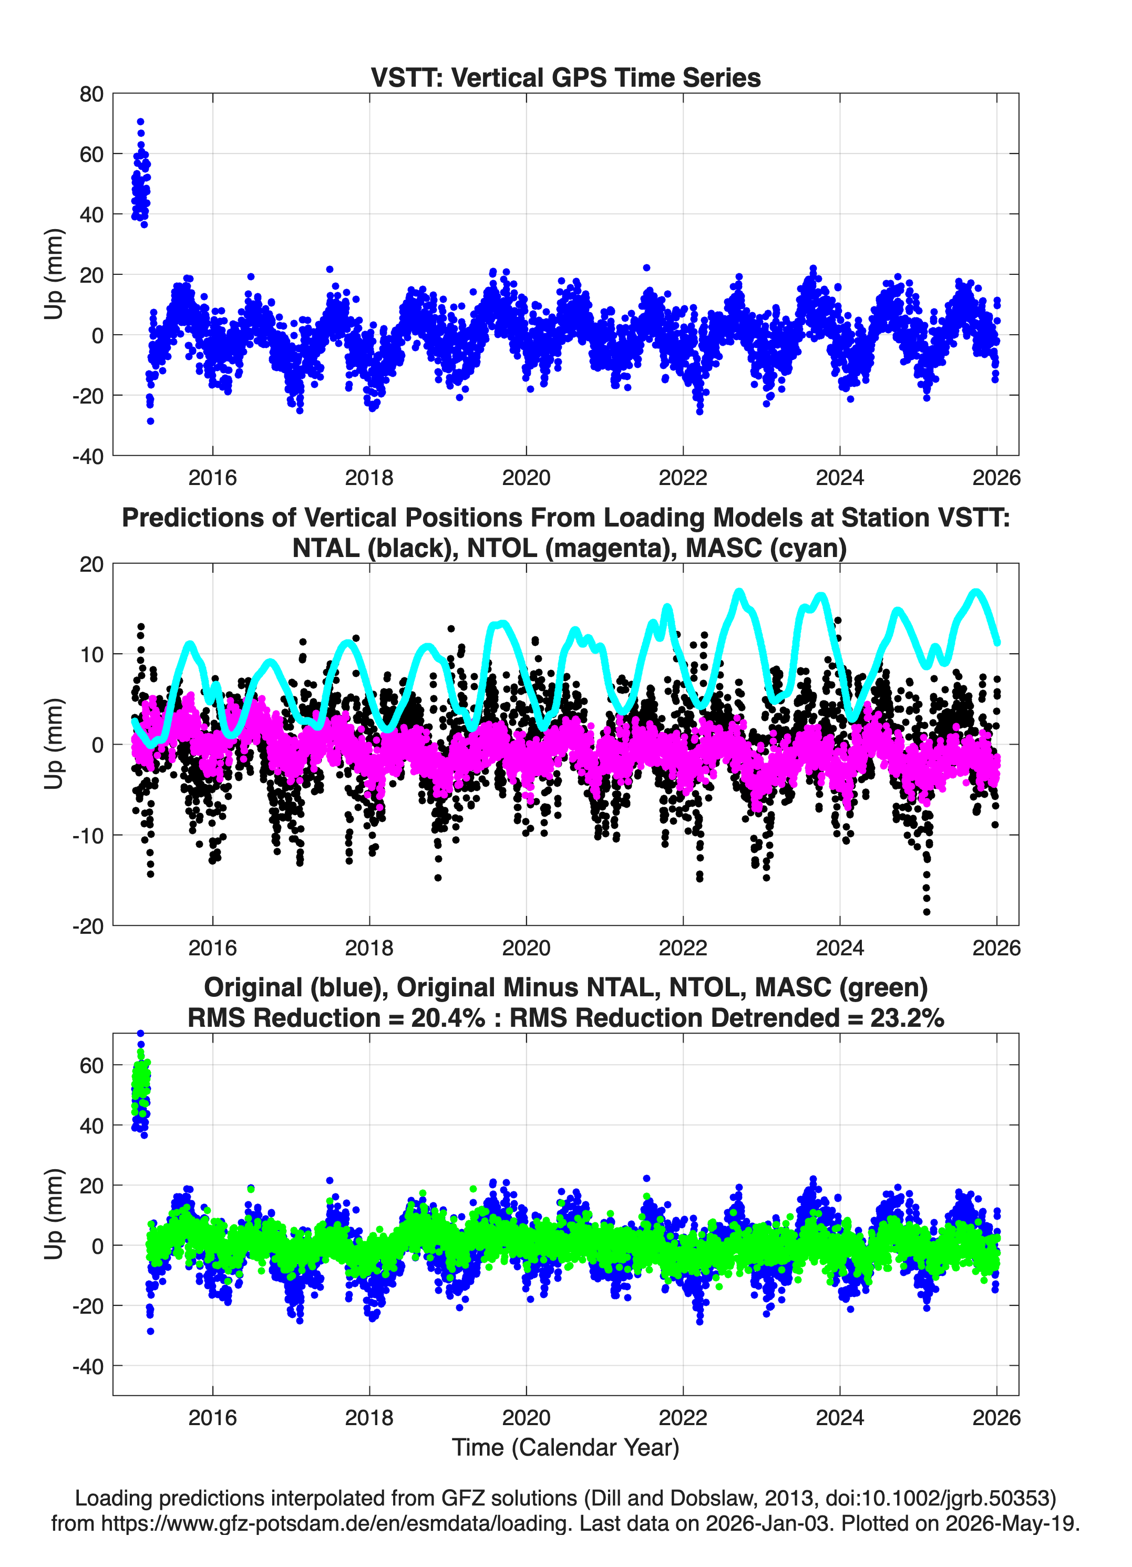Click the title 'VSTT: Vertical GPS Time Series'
[x=565, y=77]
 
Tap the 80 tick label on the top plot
[x=91, y=94]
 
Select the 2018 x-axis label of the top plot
[x=369, y=478]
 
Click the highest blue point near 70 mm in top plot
[x=140, y=121]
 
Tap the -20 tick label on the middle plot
[x=88, y=926]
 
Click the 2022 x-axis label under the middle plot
[x=683, y=947]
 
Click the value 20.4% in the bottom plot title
[x=448, y=1018]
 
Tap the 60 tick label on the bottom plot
[x=91, y=1065]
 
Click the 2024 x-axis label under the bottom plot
[x=840, y=1418]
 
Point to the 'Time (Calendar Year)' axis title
[x=565, y=1448]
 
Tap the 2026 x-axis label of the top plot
[x=996, y=478]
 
